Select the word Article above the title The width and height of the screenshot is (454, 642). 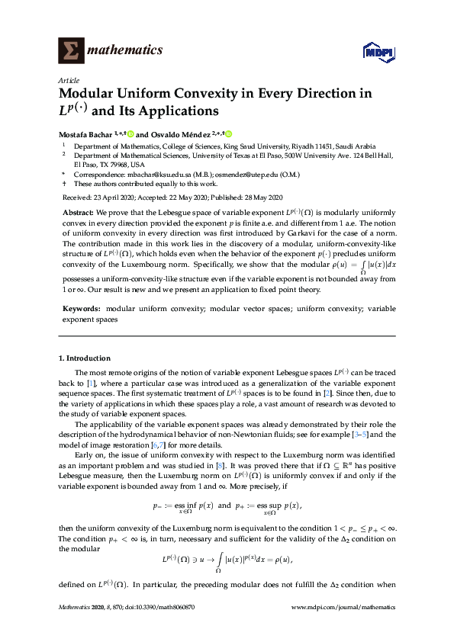click(x=67, y=80)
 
